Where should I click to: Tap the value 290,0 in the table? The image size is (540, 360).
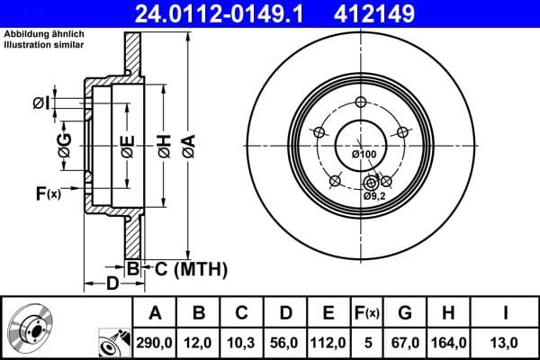(x=156, y=342)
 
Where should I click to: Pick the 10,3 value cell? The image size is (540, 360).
(x=241, y=342)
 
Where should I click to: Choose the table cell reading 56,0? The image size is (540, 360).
(x=284, y=342)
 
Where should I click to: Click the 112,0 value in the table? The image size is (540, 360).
(x=328, y=342)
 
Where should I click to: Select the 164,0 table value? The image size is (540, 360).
(x=447, y=342)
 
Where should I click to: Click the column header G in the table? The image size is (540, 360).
(x=405, y=313)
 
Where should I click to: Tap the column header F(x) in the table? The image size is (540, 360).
(x=366, y=313)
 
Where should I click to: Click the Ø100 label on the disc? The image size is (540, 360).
(x=364, y=154)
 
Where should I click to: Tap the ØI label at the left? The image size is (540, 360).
(x=41, y=103)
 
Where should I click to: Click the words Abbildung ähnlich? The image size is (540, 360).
(x=40, y=34)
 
